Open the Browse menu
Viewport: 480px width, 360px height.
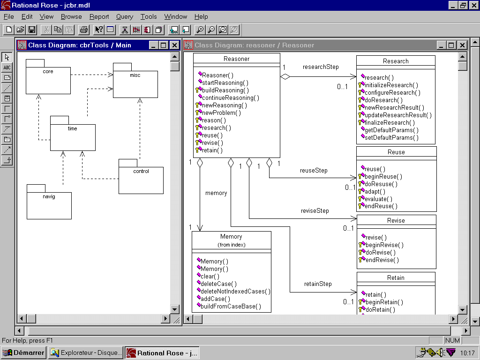click(x=71, y=16)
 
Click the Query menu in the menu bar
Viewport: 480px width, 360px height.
click(x=125, y=16)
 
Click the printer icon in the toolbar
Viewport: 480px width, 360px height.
click(x=83, y=30)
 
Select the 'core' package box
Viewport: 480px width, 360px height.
click(x=48, y=77)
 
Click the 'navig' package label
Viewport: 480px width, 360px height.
click(x=49, y=196)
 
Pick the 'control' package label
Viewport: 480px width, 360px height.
click(x=141, y=171)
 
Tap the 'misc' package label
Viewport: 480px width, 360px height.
click(x=135, y=75)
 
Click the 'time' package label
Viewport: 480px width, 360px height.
click(x=73, y=128)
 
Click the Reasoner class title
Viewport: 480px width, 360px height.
click(x=236, y=59)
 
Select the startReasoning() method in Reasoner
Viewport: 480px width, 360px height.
click(x=225, y=82)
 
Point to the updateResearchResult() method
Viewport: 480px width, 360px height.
click(x=398, y=115)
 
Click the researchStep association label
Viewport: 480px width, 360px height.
click(x=321, y=67)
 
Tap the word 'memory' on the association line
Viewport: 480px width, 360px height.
click(x=216, y=193)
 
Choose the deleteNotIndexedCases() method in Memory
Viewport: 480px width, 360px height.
click(x=235, y=292)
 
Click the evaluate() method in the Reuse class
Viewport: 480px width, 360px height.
click(x=378, y=199)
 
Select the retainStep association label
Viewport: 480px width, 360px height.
click(x=318, y=284)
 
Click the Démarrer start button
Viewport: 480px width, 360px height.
click(x=23, y=352)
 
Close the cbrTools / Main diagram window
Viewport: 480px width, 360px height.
click(x=174, y=45)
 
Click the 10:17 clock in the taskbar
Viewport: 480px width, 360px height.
click(x=467, y=353)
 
